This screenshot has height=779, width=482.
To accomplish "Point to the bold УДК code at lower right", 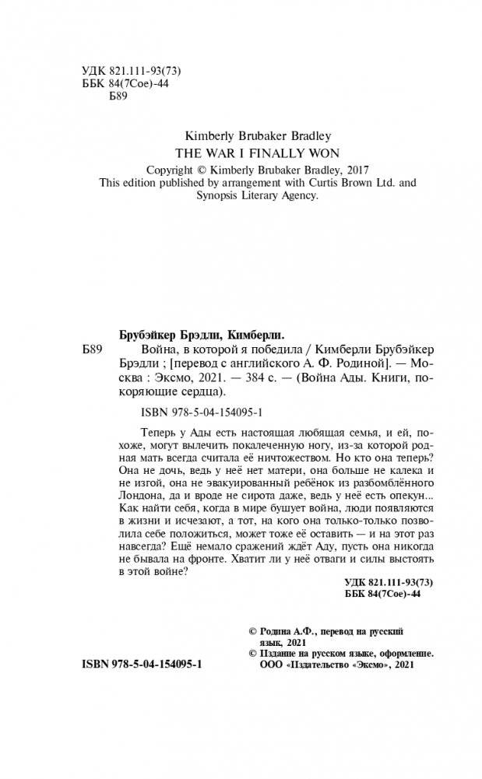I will coord(388,581).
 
